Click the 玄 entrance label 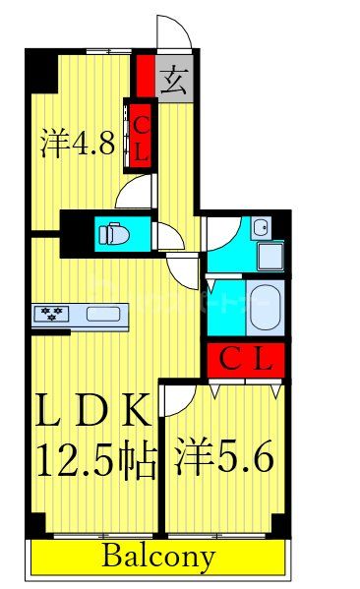(x=173, y=78)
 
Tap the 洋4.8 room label (x=78, y=144)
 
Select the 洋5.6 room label (x=224, y=458)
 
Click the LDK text (x=95, y=410)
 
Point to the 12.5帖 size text (x=96, y=458)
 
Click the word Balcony (x=157, y=558)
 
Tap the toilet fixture (x=112, y=234)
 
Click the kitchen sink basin (x=102, y=315)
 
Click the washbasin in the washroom (x=260, y=229)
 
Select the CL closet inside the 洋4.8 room (x=141, y=137)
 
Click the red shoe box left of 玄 (x=145, y=77)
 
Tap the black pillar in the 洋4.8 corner (x=40, y=72)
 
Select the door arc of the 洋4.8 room (x=135, y=191)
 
